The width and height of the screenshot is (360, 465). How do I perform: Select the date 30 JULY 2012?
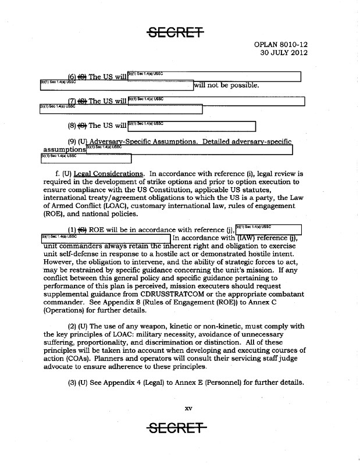point(284,53)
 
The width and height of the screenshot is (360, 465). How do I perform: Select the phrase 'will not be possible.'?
point(226,86)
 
